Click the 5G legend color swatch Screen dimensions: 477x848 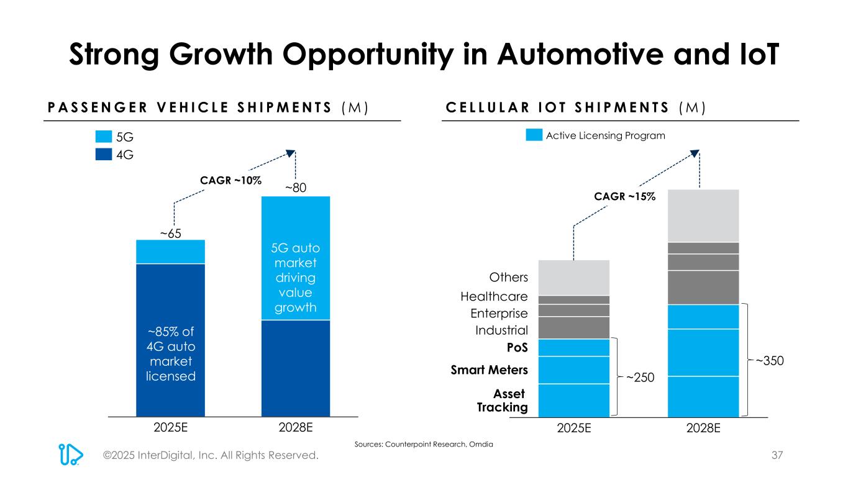[x=104, y=137]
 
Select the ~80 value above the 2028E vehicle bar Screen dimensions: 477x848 [x=295, y=188]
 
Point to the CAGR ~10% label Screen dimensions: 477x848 [x=230, y=180]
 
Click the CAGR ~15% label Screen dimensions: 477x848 [x=625, y=196]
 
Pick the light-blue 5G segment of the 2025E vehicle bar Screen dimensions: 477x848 [x=170, y=252]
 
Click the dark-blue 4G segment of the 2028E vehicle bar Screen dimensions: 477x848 [x=295, y=367]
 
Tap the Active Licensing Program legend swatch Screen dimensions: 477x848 [x=534, y=135]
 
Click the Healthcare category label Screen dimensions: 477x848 [x=494, y=297]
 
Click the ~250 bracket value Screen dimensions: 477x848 [x=641, y=377]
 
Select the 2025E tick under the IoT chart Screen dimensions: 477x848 [x=573, y=429]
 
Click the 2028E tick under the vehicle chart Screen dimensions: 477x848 [x=295, y=428]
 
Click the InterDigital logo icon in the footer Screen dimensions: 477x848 [x=71, y=455]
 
